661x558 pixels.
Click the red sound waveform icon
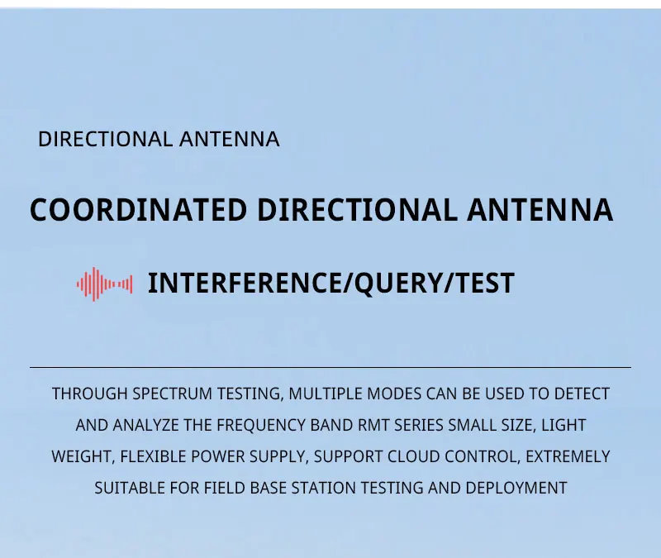click(x=104, y=284)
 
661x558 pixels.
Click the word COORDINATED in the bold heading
click(x=138, y=210)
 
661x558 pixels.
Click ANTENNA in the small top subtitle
click(x=229, y=140)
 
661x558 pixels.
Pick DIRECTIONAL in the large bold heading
click(x=356, y=210)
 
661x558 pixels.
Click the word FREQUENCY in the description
click(x=256, y=426)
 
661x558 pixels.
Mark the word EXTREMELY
click(x=568, y=457)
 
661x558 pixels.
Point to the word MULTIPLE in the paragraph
click(x=323, y=394)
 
